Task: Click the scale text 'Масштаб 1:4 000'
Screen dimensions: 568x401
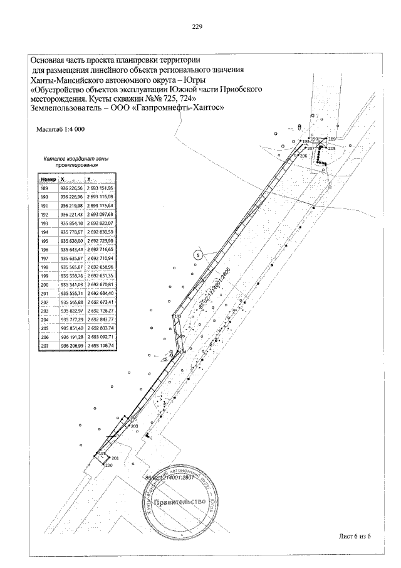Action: [61, 129]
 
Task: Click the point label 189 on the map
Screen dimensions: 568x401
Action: [332, 139]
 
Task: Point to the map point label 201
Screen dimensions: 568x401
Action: [115, 459]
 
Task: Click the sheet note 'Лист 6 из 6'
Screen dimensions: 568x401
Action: [354, 535]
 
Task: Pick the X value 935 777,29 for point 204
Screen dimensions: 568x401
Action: [71, 319]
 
